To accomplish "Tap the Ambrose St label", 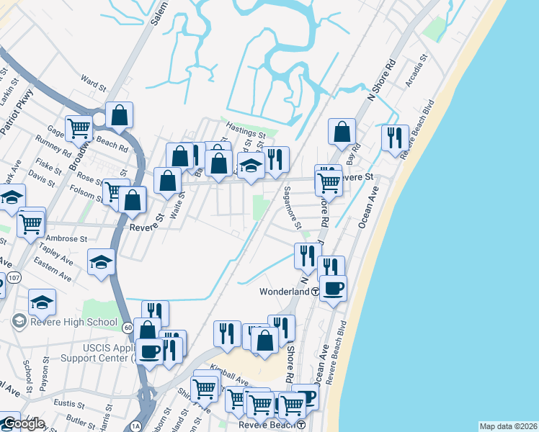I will point(66,238).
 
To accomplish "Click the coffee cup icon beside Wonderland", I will point(333,288).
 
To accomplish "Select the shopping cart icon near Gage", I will point(79,128).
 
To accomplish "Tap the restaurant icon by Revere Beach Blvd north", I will point(394,137).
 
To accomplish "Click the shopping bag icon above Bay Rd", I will point(342,131).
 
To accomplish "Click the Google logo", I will point(23,424).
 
